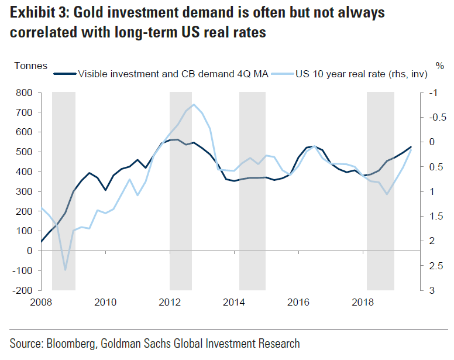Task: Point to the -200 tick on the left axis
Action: [x=22, y=290]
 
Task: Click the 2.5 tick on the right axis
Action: [x=434, y=266]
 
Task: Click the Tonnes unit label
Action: [x=30, y=66]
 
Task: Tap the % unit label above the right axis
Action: [x=440, y=66]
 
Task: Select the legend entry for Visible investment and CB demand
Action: [x=173, y=74]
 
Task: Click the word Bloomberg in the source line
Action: [x=72, y=344]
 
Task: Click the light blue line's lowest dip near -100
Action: [x=65, y=270]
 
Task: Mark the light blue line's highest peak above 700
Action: [x=194, y=105]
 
